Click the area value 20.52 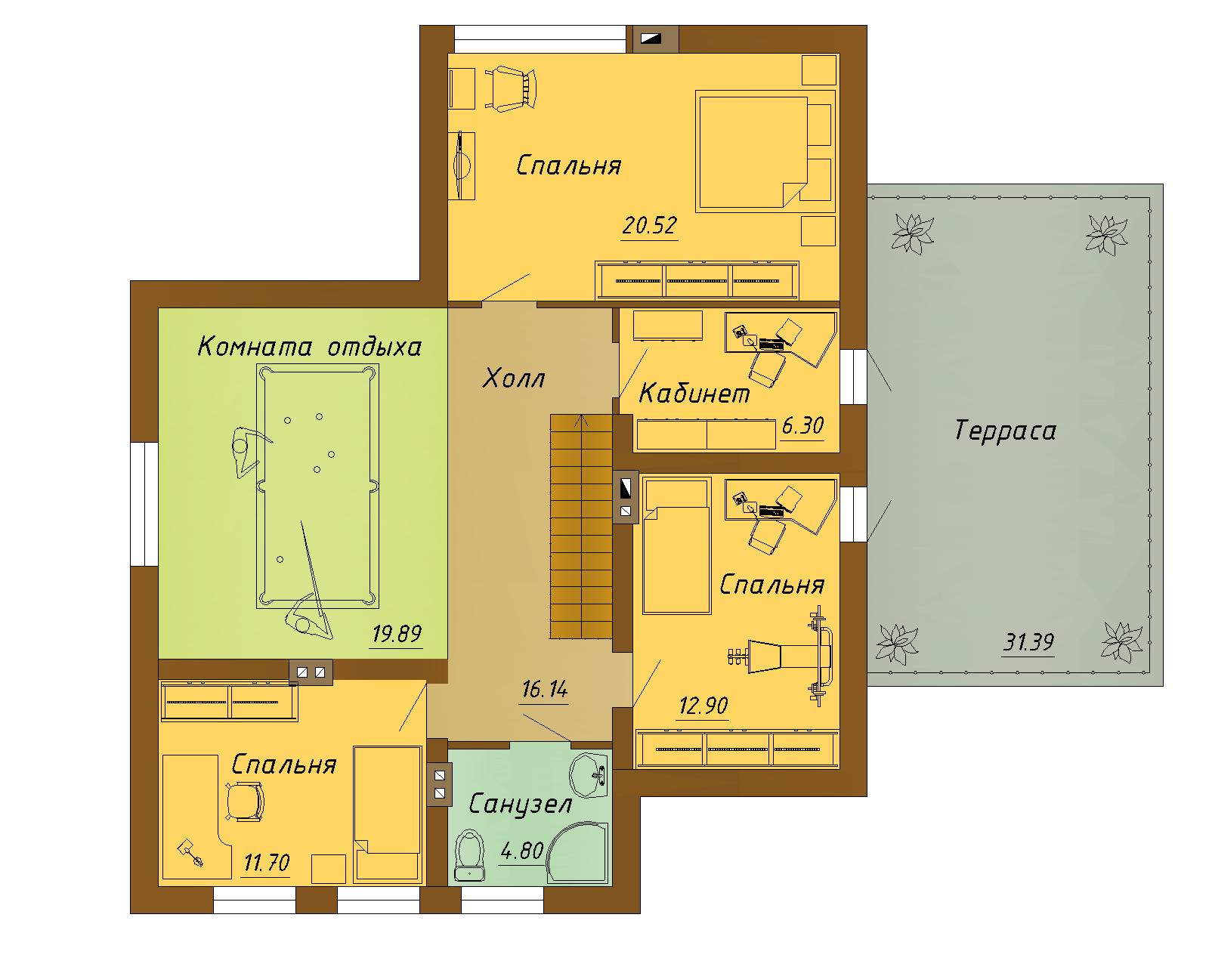click(649, 225)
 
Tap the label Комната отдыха click(309, 347)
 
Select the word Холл click(514, 378)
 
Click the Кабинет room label click(694, 394)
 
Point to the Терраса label click(1005, 431)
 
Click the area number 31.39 click(1028, 641)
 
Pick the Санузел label click(520, 804)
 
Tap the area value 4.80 click(522, 851)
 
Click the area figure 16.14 click(544, 689)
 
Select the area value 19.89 click(396, 634)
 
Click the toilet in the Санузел click(469, 855)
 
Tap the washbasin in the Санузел click(589, 776)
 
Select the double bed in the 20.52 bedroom click(753, 152)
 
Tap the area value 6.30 click(802, 426)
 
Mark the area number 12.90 click(703, 705)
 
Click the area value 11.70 click(266, 862)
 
